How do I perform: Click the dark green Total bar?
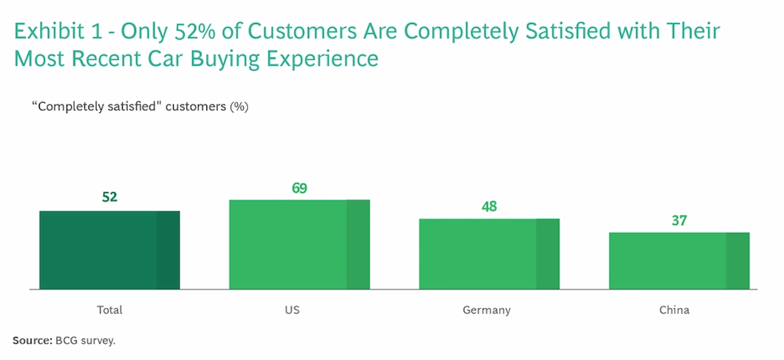pos(109,250)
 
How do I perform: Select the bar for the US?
pos(299,244)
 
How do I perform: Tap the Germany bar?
pos(489,254)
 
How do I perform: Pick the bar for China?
pos(679,260)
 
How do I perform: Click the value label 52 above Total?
pos(109,197)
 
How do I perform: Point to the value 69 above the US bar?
pos(299,188)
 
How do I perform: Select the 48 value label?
pos(489,206)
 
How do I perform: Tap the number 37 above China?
pos(679,221)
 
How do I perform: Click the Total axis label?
pos(109,310)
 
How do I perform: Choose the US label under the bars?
pos(292,310)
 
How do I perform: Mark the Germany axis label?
pos(486,310)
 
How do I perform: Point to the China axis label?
pos(674,310)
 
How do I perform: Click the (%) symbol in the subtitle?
pos(238,106)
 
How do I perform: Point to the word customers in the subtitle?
pos(201,106)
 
